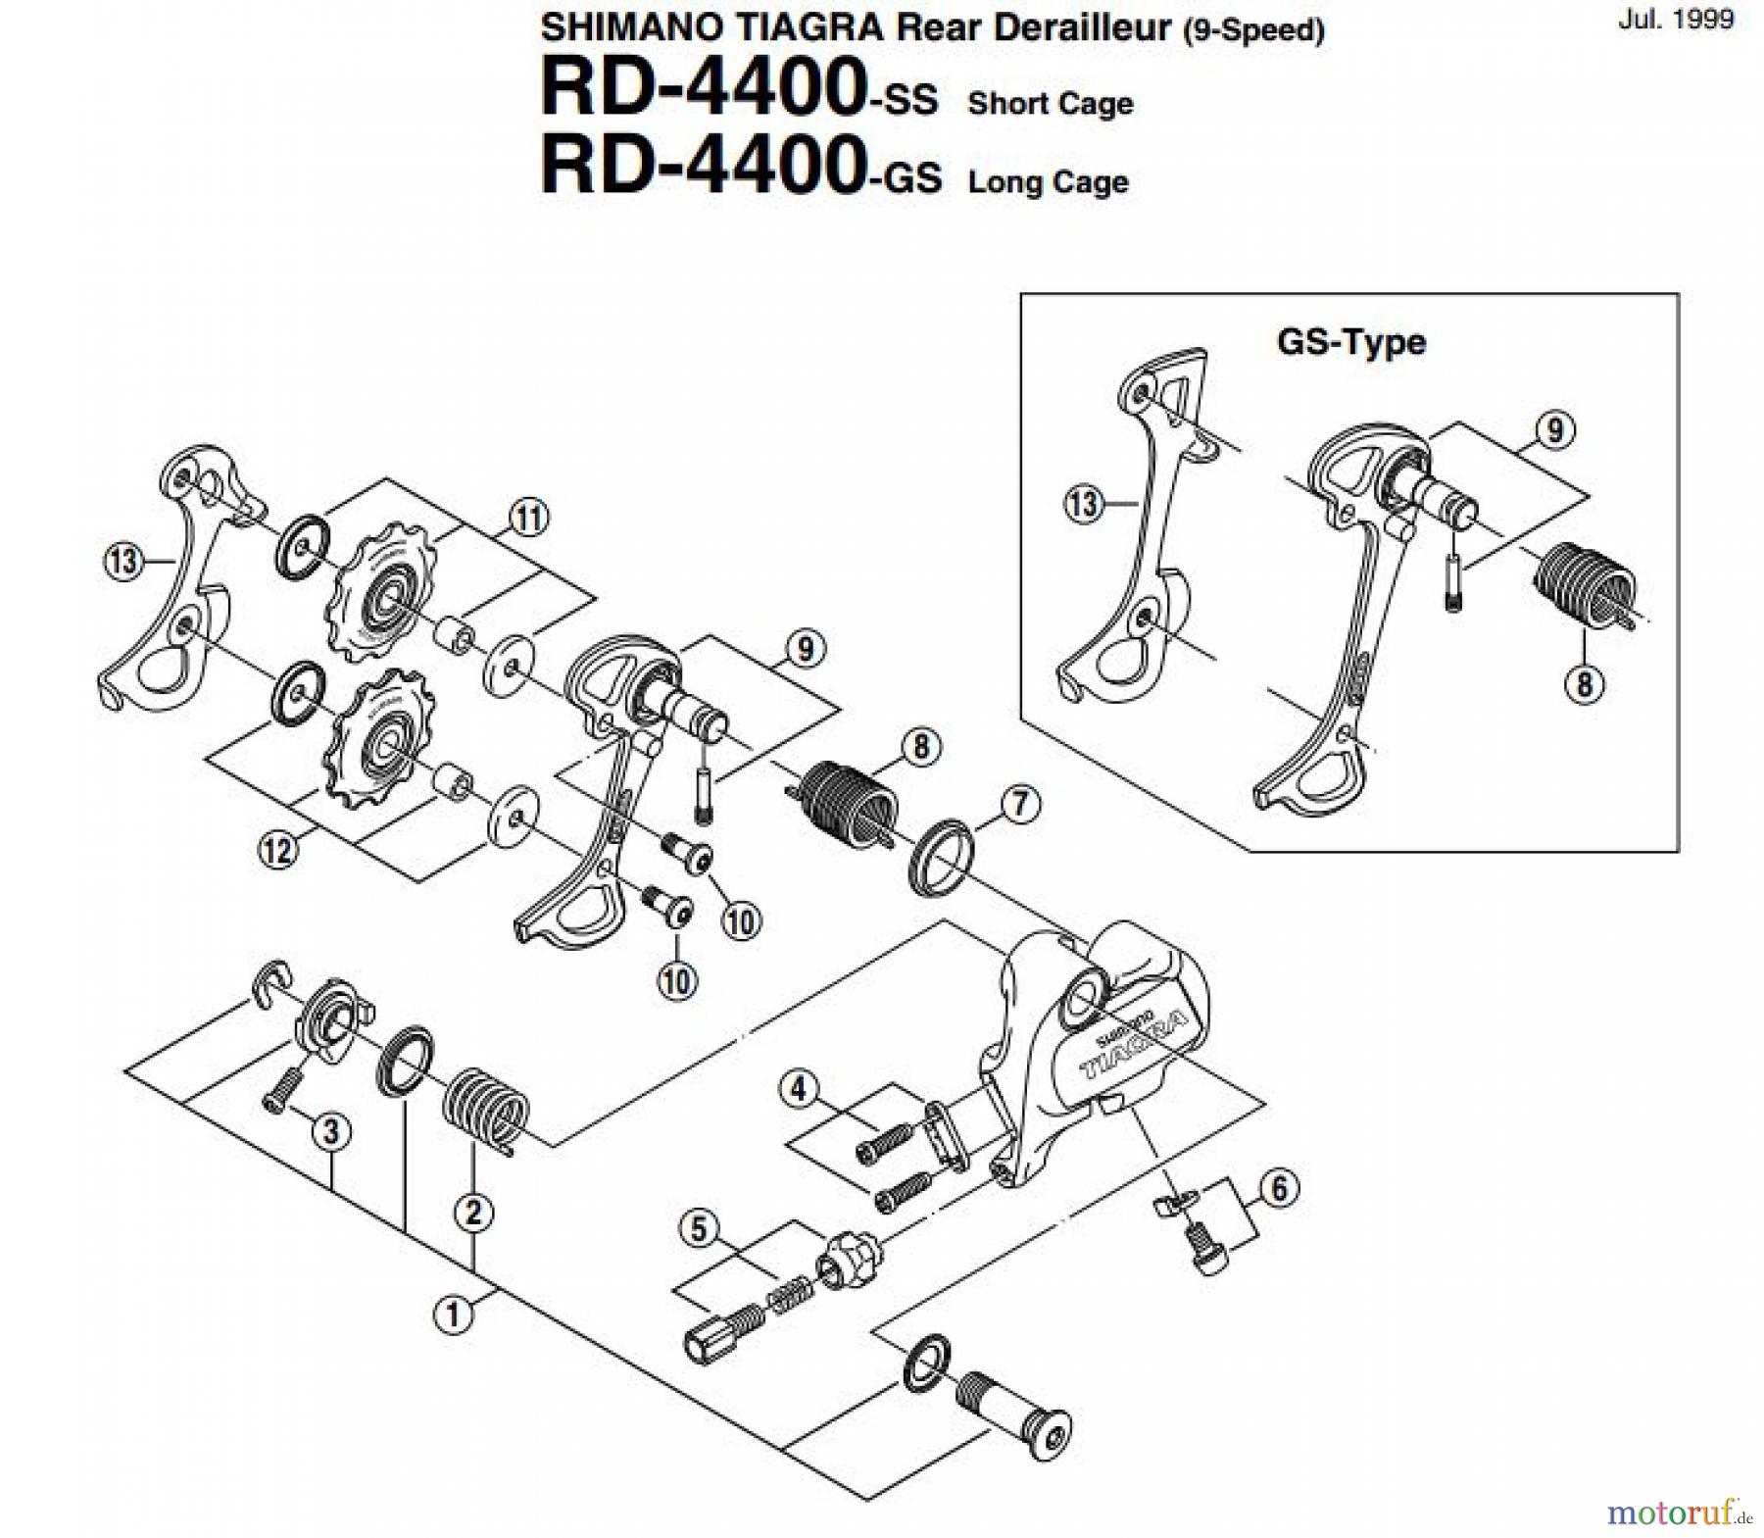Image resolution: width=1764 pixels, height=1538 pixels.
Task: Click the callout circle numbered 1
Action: point(453,1314)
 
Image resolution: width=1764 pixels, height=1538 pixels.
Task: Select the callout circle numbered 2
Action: point(473,1213)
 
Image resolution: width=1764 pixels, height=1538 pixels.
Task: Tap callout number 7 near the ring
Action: point(1020,805)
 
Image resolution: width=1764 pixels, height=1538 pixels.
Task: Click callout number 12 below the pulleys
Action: point(278,849)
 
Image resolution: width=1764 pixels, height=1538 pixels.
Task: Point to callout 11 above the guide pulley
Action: point(529,518)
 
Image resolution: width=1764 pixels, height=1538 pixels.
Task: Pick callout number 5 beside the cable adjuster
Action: point(699,1229)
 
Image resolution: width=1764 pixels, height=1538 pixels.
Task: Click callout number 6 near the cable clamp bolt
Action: point(1280,1189)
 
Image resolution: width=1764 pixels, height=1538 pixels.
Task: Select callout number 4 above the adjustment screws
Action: point(799,1089)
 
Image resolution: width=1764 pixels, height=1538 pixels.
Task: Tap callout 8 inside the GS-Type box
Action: point(1585,682)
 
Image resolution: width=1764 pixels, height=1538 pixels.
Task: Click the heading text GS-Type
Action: point(1350,342)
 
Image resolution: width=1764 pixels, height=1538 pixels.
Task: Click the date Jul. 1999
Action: point(1675,19)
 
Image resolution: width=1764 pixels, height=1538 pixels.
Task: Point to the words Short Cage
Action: point(1050,103)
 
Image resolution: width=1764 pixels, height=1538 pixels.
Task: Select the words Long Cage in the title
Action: point(1048,182)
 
